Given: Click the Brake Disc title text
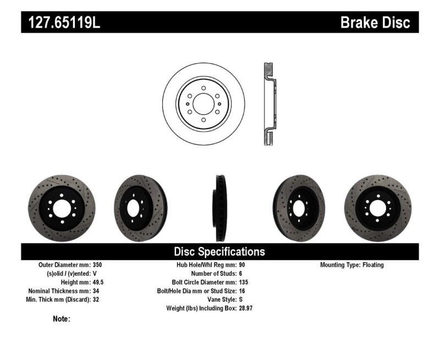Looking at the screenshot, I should pyautogui.click(x=376, y=23).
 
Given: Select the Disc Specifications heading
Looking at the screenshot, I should pyautogui.click(x=219, y=252).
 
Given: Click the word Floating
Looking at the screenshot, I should pyautogui.click(x=373, y=265).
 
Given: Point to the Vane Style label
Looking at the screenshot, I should pyautogui.click(x=219, y=300).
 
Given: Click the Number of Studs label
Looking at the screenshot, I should pyautogui.click(x=213, y=274).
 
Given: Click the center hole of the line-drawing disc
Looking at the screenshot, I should pyautogui.click(x=203, y=104).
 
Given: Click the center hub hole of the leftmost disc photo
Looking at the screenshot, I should pyautogui.click(x=61, y=208).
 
